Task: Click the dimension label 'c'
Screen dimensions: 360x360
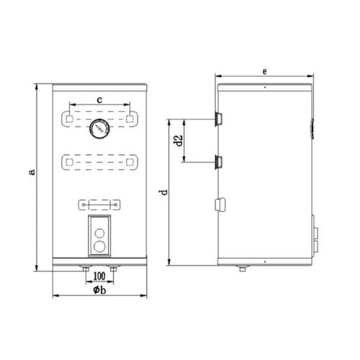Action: [x=99, y=98]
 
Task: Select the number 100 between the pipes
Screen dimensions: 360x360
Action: [x=99, y=275]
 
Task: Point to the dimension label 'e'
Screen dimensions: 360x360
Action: [x=265, y=71]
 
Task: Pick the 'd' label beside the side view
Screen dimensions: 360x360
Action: [x=163, y=192]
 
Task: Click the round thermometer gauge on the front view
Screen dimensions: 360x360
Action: [x=99, y=130]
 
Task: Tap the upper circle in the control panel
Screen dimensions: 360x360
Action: [x=99, y=233]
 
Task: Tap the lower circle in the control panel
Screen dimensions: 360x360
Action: [x=99, y=246]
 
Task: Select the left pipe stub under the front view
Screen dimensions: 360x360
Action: [x=85, y=269]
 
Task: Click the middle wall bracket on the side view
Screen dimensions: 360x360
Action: [x=218, y=161]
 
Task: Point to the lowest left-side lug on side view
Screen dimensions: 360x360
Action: [x=219, y=205]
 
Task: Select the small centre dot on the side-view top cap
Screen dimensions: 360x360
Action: [x=265, y=87]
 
